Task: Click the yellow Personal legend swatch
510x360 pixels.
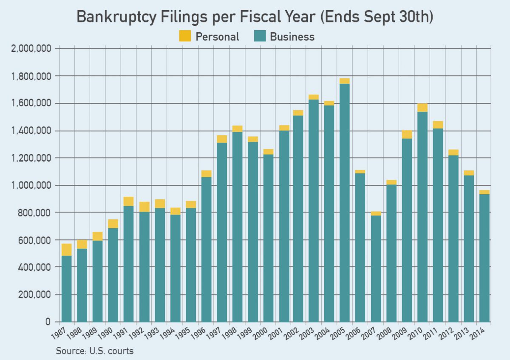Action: [x=185, y=36]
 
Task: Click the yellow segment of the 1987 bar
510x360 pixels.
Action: [x=66, y=249]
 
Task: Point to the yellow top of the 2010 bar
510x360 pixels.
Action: [x=422, y=108]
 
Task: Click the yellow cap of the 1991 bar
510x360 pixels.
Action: [x=128, y=201]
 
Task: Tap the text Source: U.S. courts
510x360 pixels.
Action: [x=95, y=351]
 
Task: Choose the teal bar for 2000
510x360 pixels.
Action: [x=268, y=238]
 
